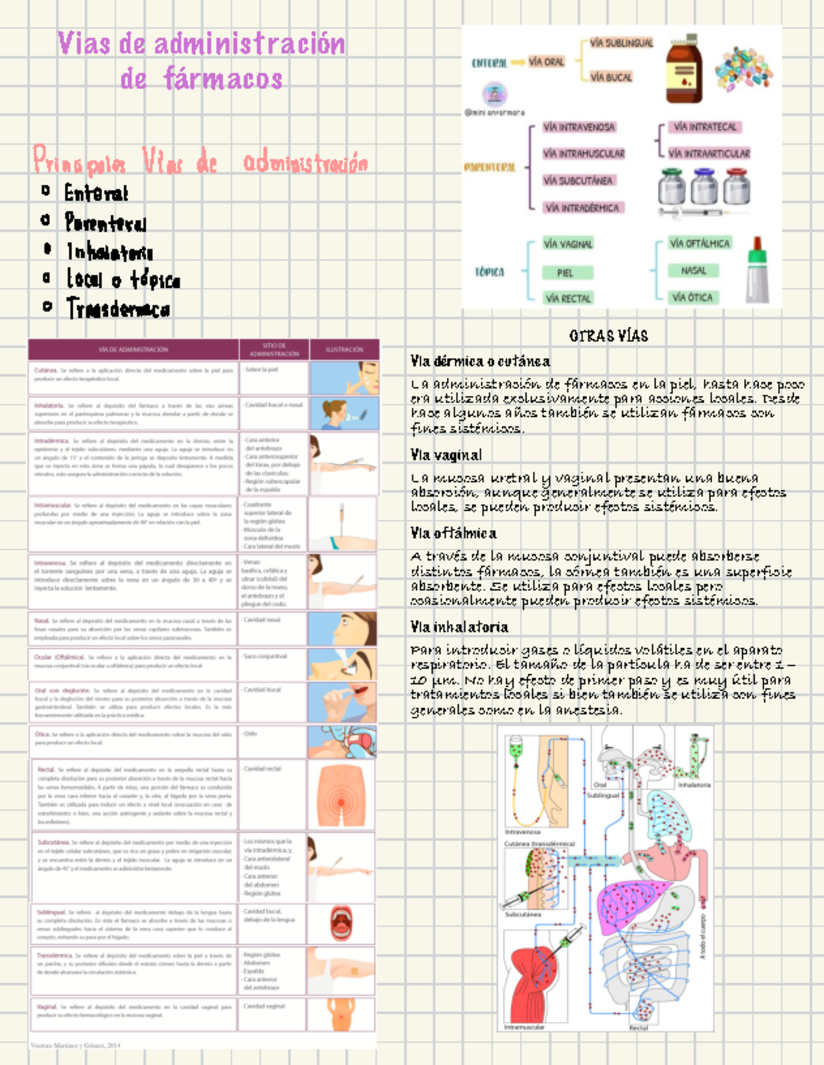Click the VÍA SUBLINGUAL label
[621, 43]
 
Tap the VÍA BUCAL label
[610, 77]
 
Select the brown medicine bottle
[683, 69]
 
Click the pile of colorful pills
[743, 69]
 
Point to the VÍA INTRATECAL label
[705, 127]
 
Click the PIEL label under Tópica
[565, 273]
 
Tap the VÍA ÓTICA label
[692, 297]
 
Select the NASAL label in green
[693, 271]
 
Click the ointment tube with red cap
[757, 271]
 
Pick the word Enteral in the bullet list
[96, 193]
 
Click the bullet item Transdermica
[118, 308]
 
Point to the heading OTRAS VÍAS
[608, 336]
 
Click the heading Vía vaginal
[446, 455]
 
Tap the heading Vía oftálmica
[453, 533]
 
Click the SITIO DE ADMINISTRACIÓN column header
[274, 350]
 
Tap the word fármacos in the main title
[222, 79]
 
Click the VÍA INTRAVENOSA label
[578, 127]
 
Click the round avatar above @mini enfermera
[494, 93]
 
